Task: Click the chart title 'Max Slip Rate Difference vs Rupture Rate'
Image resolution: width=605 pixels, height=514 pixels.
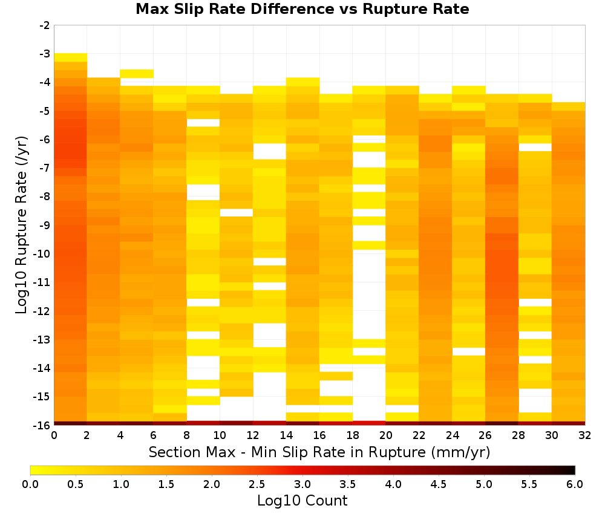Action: (x=302, y=9)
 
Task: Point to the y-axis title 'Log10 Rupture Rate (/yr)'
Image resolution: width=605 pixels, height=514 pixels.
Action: (x=22, y=225)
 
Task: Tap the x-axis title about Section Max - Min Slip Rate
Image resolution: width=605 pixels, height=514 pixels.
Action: (x=319, y=452)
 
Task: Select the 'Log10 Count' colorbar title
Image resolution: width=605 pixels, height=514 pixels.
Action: (x=302, y=501)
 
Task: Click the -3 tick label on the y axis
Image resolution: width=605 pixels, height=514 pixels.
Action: (x=45, y=54)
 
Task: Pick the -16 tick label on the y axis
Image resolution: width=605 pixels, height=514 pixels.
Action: (x=42, y=425)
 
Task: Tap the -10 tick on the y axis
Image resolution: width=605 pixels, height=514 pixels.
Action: (x=42, y=254)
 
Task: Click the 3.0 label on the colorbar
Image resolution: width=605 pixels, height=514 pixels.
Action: (x=302, y=484)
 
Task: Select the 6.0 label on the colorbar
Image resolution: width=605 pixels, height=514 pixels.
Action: (x=575, y=484)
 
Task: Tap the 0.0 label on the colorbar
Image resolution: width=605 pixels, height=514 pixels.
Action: (x=30, y=484)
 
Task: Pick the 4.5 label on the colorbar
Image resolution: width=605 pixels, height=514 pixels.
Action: (x=439, y=484)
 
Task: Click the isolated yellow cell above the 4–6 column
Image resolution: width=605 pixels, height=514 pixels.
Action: (x=137, y=74)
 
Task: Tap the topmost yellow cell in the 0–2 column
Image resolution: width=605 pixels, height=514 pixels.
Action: (x=71, y=57)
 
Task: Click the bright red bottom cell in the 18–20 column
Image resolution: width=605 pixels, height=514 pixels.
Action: (x=369, y=423)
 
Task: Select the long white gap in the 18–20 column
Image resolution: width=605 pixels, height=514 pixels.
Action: (x=369, y=294)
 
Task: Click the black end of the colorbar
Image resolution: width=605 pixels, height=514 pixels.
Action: (x=571, y=470)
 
